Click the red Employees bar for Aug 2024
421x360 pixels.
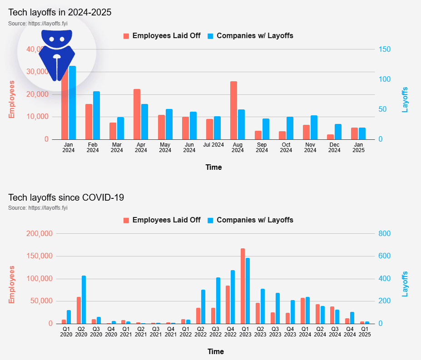[x=233, y=110]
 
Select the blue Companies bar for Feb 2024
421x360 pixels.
[x=96, y=115]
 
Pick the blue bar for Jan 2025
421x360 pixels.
[x=362, y=133]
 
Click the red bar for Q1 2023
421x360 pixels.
[x=243, y=286]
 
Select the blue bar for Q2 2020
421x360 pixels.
[x=84, y=300]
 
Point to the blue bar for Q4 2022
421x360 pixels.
[x=233, y=297]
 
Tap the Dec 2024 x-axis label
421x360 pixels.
[x=334, y=148]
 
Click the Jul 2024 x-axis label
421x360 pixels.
[x=213, y=145]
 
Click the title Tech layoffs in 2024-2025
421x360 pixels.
[x=59, y=12]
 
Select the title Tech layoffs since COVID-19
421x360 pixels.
[x=66, y=197]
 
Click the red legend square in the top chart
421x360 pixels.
[x=126, y=36]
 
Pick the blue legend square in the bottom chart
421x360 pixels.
[x=211, y=220]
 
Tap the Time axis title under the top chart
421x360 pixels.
[x=213, y=167]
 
